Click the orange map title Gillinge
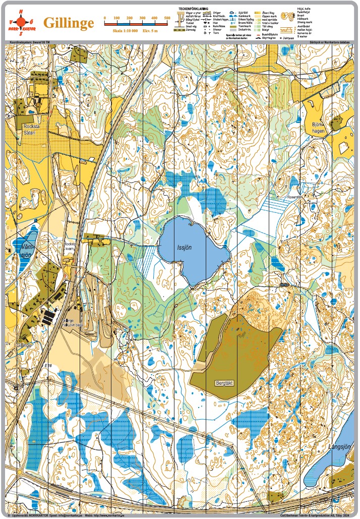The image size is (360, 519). point(69,23)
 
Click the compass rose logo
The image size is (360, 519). point(21,23)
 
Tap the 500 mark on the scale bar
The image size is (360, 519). point(167,18)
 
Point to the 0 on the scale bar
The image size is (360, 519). point(104,18)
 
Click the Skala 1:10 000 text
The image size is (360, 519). point(121,31)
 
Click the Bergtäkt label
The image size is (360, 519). point(225,383)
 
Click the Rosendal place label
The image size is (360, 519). point(294,197)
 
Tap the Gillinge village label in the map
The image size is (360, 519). point(24,345)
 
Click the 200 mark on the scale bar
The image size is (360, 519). point(130,18)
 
